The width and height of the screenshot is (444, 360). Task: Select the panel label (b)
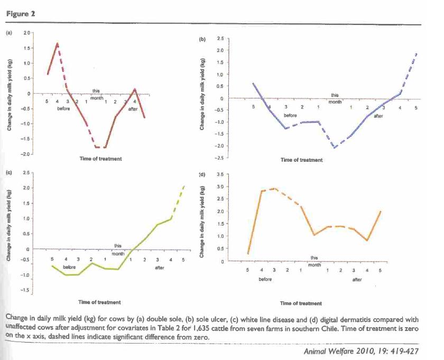pos(202,39)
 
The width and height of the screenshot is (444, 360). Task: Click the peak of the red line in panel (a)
pos(58,43)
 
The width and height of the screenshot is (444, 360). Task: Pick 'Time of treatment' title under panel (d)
pos(301,303)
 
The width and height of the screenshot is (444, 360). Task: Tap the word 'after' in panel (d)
pos(357,280)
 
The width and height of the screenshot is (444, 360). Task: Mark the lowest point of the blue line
pos(335,147)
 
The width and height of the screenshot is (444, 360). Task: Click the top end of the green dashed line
pos(184,186)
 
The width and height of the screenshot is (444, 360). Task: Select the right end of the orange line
pos(381,211)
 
